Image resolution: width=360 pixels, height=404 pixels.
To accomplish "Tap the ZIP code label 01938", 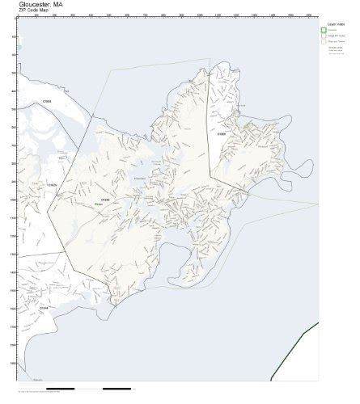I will [47, 101].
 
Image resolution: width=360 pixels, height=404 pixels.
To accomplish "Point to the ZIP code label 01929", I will [52, 185].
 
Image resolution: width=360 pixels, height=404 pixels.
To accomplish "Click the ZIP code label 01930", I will [104, 198].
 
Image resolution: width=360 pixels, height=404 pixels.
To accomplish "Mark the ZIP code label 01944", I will [44, 308].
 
